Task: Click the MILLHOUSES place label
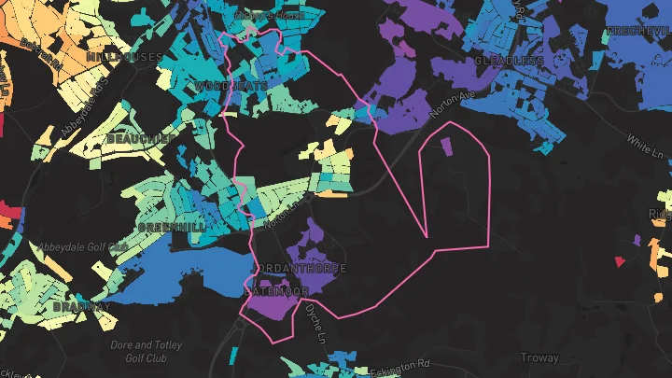click(x=124, y=57)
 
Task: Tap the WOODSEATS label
click(x=231, y=86)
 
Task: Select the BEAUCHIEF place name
click(x=141, y=138)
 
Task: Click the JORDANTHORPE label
click(x=302, y=268)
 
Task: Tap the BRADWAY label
click(x=82, y=306)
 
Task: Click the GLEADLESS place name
click(x=509, y=61)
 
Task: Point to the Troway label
click(x=539, y=357)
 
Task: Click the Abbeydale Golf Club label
click(x=82, y=247)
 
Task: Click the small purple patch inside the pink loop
click(x=444, y=146)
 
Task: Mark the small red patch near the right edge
click(x=619, y=262)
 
